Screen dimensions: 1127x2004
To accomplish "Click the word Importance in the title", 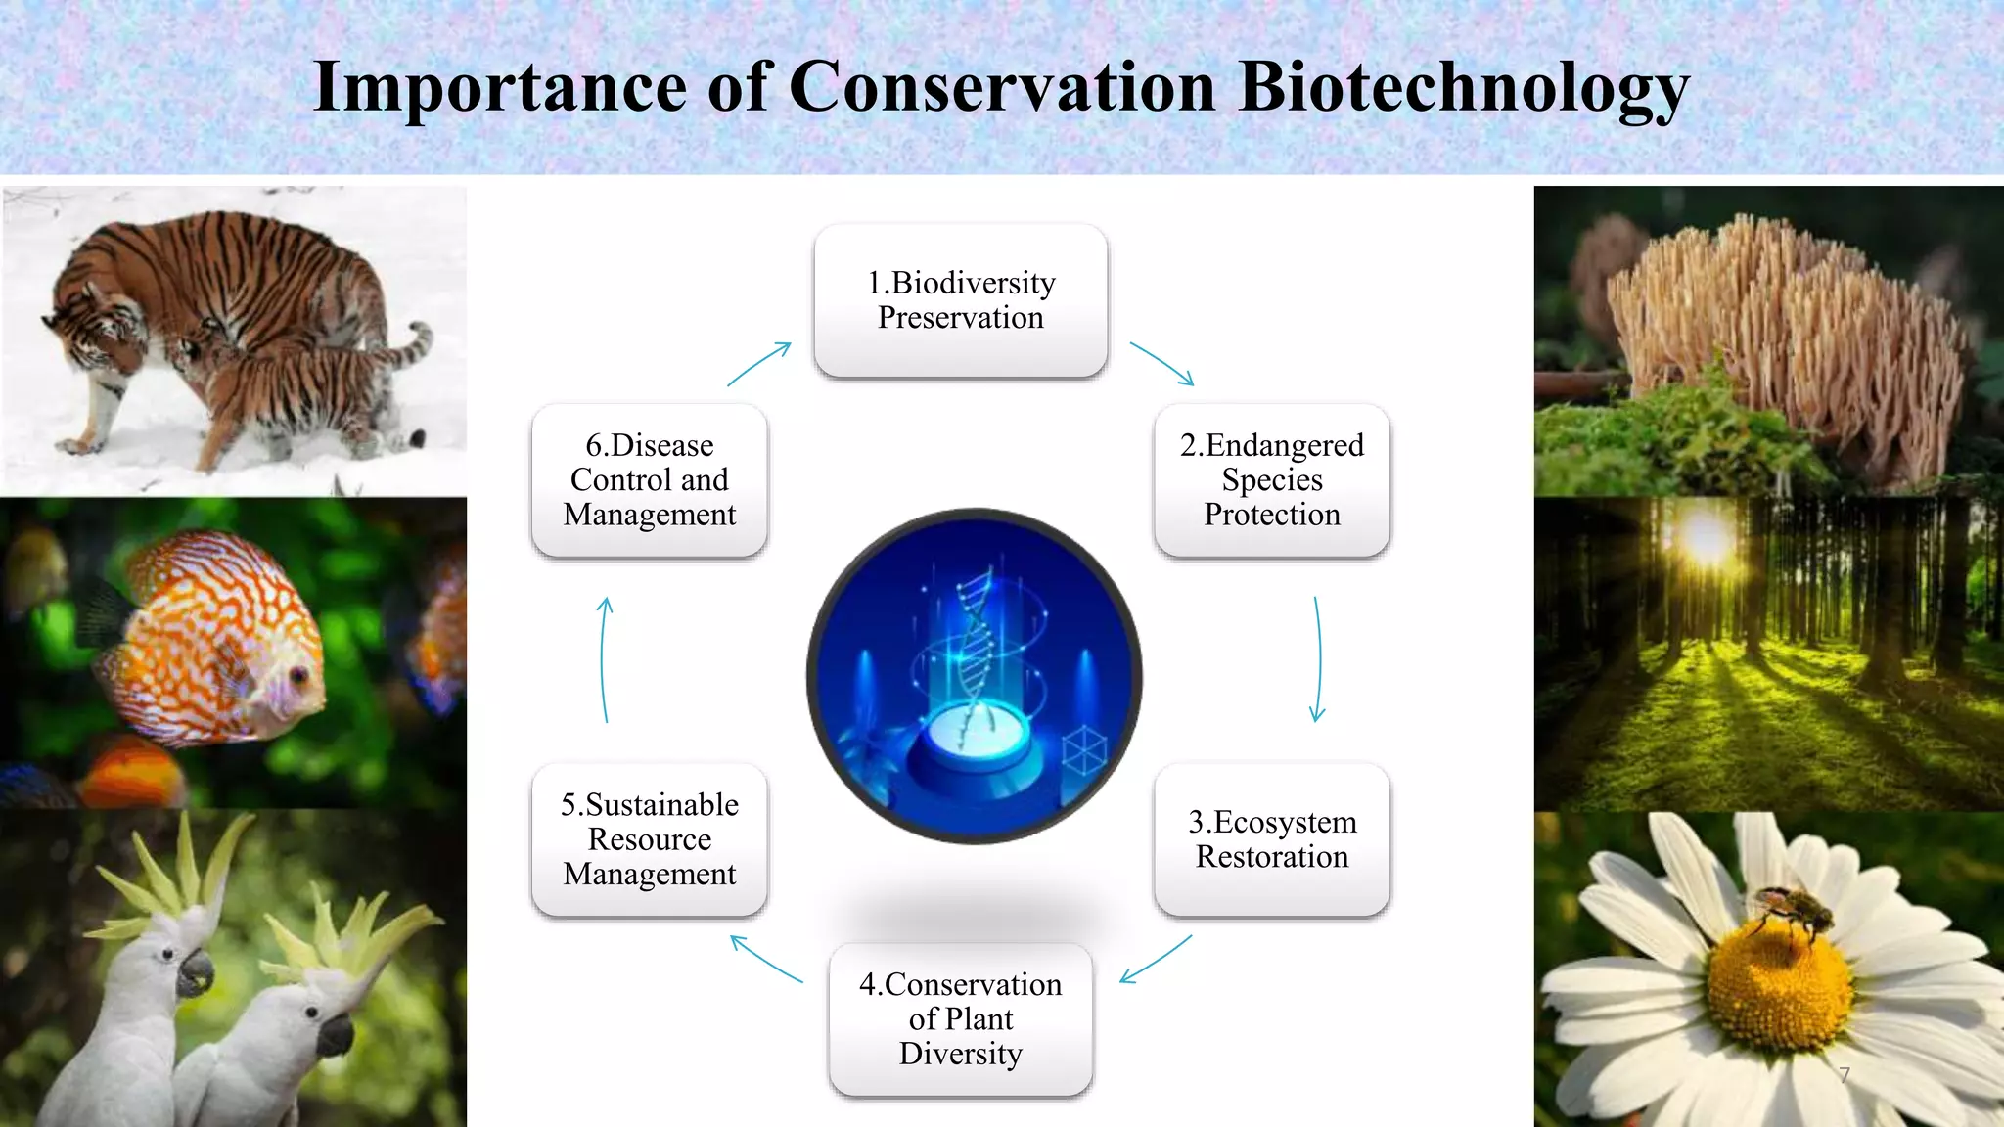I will pos(499,88).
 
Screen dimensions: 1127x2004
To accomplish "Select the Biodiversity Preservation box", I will pos(961,300).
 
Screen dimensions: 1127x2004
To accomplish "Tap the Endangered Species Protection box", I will pos(1272,479).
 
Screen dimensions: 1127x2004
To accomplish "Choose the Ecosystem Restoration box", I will pos(1272,839).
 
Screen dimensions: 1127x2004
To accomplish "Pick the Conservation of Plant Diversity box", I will pos(961,1018).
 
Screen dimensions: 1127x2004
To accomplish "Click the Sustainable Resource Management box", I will pos(650,839).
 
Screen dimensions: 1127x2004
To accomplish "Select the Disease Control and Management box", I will pos(650,479).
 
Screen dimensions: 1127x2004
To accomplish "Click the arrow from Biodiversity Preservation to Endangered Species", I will pos(1162,364).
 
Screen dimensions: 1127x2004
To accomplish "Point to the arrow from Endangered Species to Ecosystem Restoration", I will pos(1318,658).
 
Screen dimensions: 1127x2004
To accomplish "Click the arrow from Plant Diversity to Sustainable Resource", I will pos(766,959).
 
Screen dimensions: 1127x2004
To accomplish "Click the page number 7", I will pos(1845,1075).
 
